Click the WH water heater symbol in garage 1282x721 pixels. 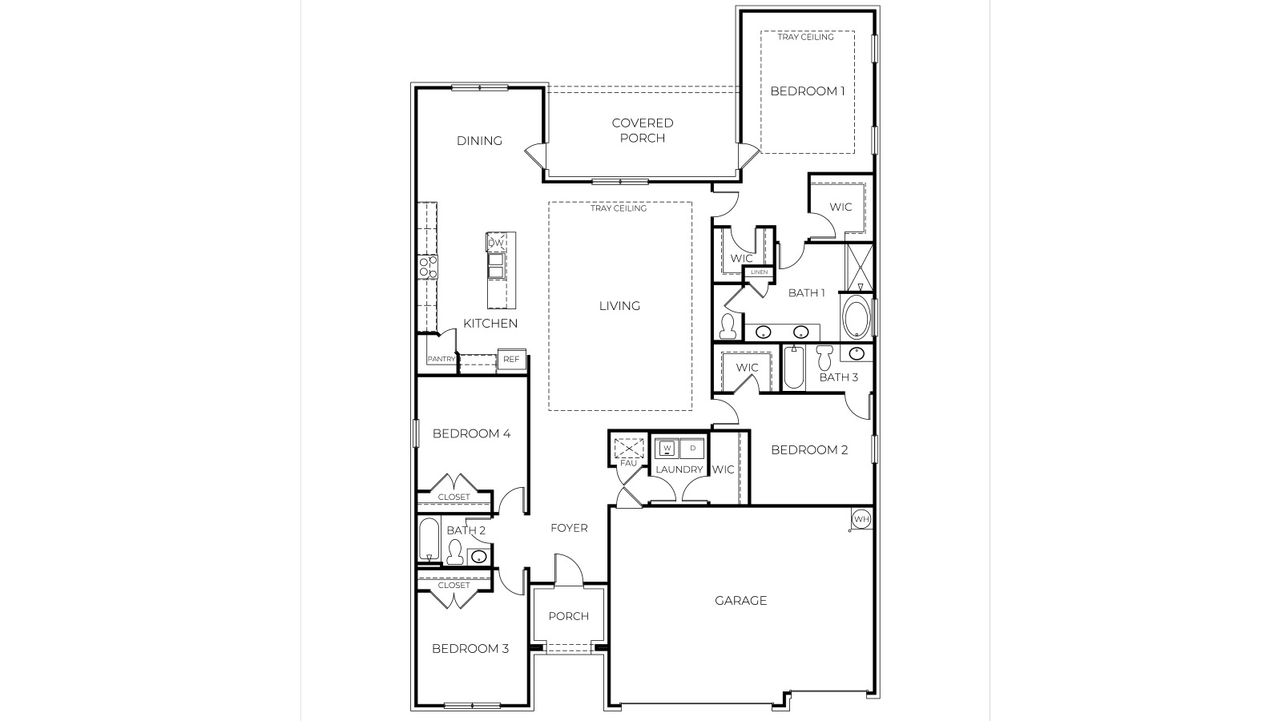pyautogui.click(x=861, y=519)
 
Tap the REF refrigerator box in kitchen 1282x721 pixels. pyautogui.click(x=511, y=360)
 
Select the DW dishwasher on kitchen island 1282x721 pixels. pyautogui.click(x=496, y=243)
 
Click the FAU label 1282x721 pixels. pyautogui.click(x=628, y=463)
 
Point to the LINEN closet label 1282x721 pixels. pyautogui.click(x=759, y=272)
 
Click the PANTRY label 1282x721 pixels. pyautogui.click(x=441, y=359)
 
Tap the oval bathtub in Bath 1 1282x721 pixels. pyautogui.click(x=856, y=318)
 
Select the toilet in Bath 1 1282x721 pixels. pyautogui.click(x=728, y=325)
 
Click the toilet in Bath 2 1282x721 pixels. pyautogui.click(x=454, y=553)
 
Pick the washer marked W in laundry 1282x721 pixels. pyautogui.click(x=667, y=448)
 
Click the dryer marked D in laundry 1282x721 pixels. pyautogui.click(x=692, y=448)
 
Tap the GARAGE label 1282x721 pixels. pyautogui.click(x=740, y=600)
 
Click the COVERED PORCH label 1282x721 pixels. pyautogui.click(x=643, y=130)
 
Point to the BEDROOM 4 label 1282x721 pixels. pyautogui.click(x=471, y=433)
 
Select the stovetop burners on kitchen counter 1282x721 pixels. pyautogui.click(x=427, y=267)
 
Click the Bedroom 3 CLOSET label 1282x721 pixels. pyautogui.click(x=454, y=585)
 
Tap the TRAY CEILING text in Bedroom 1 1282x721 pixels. pyautogui.click(x=805, y=37)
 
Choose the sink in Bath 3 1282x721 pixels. pyautogui.click(x=856, y=353)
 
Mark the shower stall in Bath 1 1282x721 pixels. pyautogui.click(x=861, y=267)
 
